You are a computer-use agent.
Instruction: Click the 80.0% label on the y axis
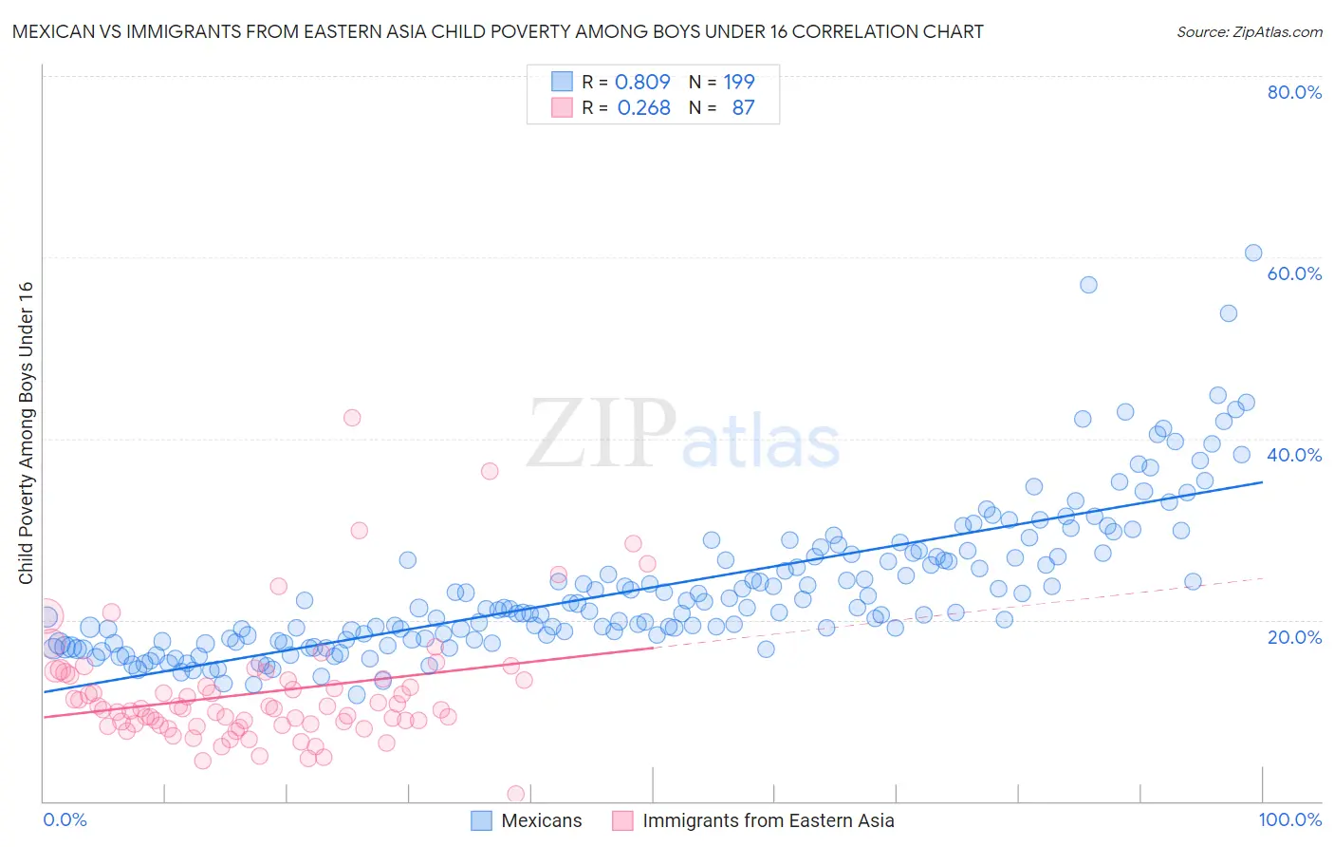1294,92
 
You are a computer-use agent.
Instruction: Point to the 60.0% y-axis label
1294,273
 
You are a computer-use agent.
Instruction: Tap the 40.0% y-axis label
1294,455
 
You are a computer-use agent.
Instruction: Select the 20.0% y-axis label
1294,636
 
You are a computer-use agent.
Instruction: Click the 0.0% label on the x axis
65,819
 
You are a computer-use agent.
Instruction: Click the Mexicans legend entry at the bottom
541,820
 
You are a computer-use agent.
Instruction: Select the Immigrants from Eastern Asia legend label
768,820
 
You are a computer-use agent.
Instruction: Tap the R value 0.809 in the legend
642,82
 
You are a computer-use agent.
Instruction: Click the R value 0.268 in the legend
643,107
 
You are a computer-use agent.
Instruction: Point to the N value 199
739,82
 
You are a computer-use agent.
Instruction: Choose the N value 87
743,107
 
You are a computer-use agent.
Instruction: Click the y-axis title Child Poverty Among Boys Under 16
26,433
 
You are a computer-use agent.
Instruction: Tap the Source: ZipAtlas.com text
1249,31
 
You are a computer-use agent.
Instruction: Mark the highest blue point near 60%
1253,253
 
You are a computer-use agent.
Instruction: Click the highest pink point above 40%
352,417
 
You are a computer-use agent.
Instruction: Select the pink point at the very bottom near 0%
516,793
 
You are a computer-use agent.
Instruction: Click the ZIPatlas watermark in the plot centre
683,434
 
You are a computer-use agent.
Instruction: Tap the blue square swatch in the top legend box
562,82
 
